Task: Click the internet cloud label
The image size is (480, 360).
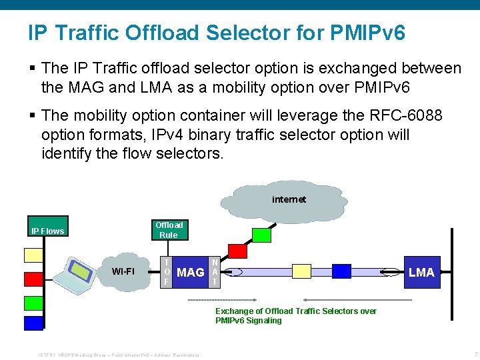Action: point(289,199)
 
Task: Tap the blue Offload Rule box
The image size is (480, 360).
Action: point(169,229)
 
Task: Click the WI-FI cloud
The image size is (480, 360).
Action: point(123,271)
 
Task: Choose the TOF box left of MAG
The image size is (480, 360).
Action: point(167,272)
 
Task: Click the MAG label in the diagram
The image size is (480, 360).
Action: point(191,272)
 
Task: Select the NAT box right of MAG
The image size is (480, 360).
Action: point(214,272)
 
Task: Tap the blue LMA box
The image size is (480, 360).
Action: point(421,272)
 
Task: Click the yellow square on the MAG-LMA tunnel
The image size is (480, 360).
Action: point(302,271)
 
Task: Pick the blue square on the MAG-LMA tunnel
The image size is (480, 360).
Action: point(341,271)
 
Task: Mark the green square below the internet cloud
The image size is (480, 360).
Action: point(262,235)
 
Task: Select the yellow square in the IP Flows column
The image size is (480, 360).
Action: point(33,255)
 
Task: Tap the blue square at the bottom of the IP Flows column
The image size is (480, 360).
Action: point(33,323)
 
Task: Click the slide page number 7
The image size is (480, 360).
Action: point(475,353)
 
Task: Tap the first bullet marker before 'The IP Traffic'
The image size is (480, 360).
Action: point(32,69)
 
